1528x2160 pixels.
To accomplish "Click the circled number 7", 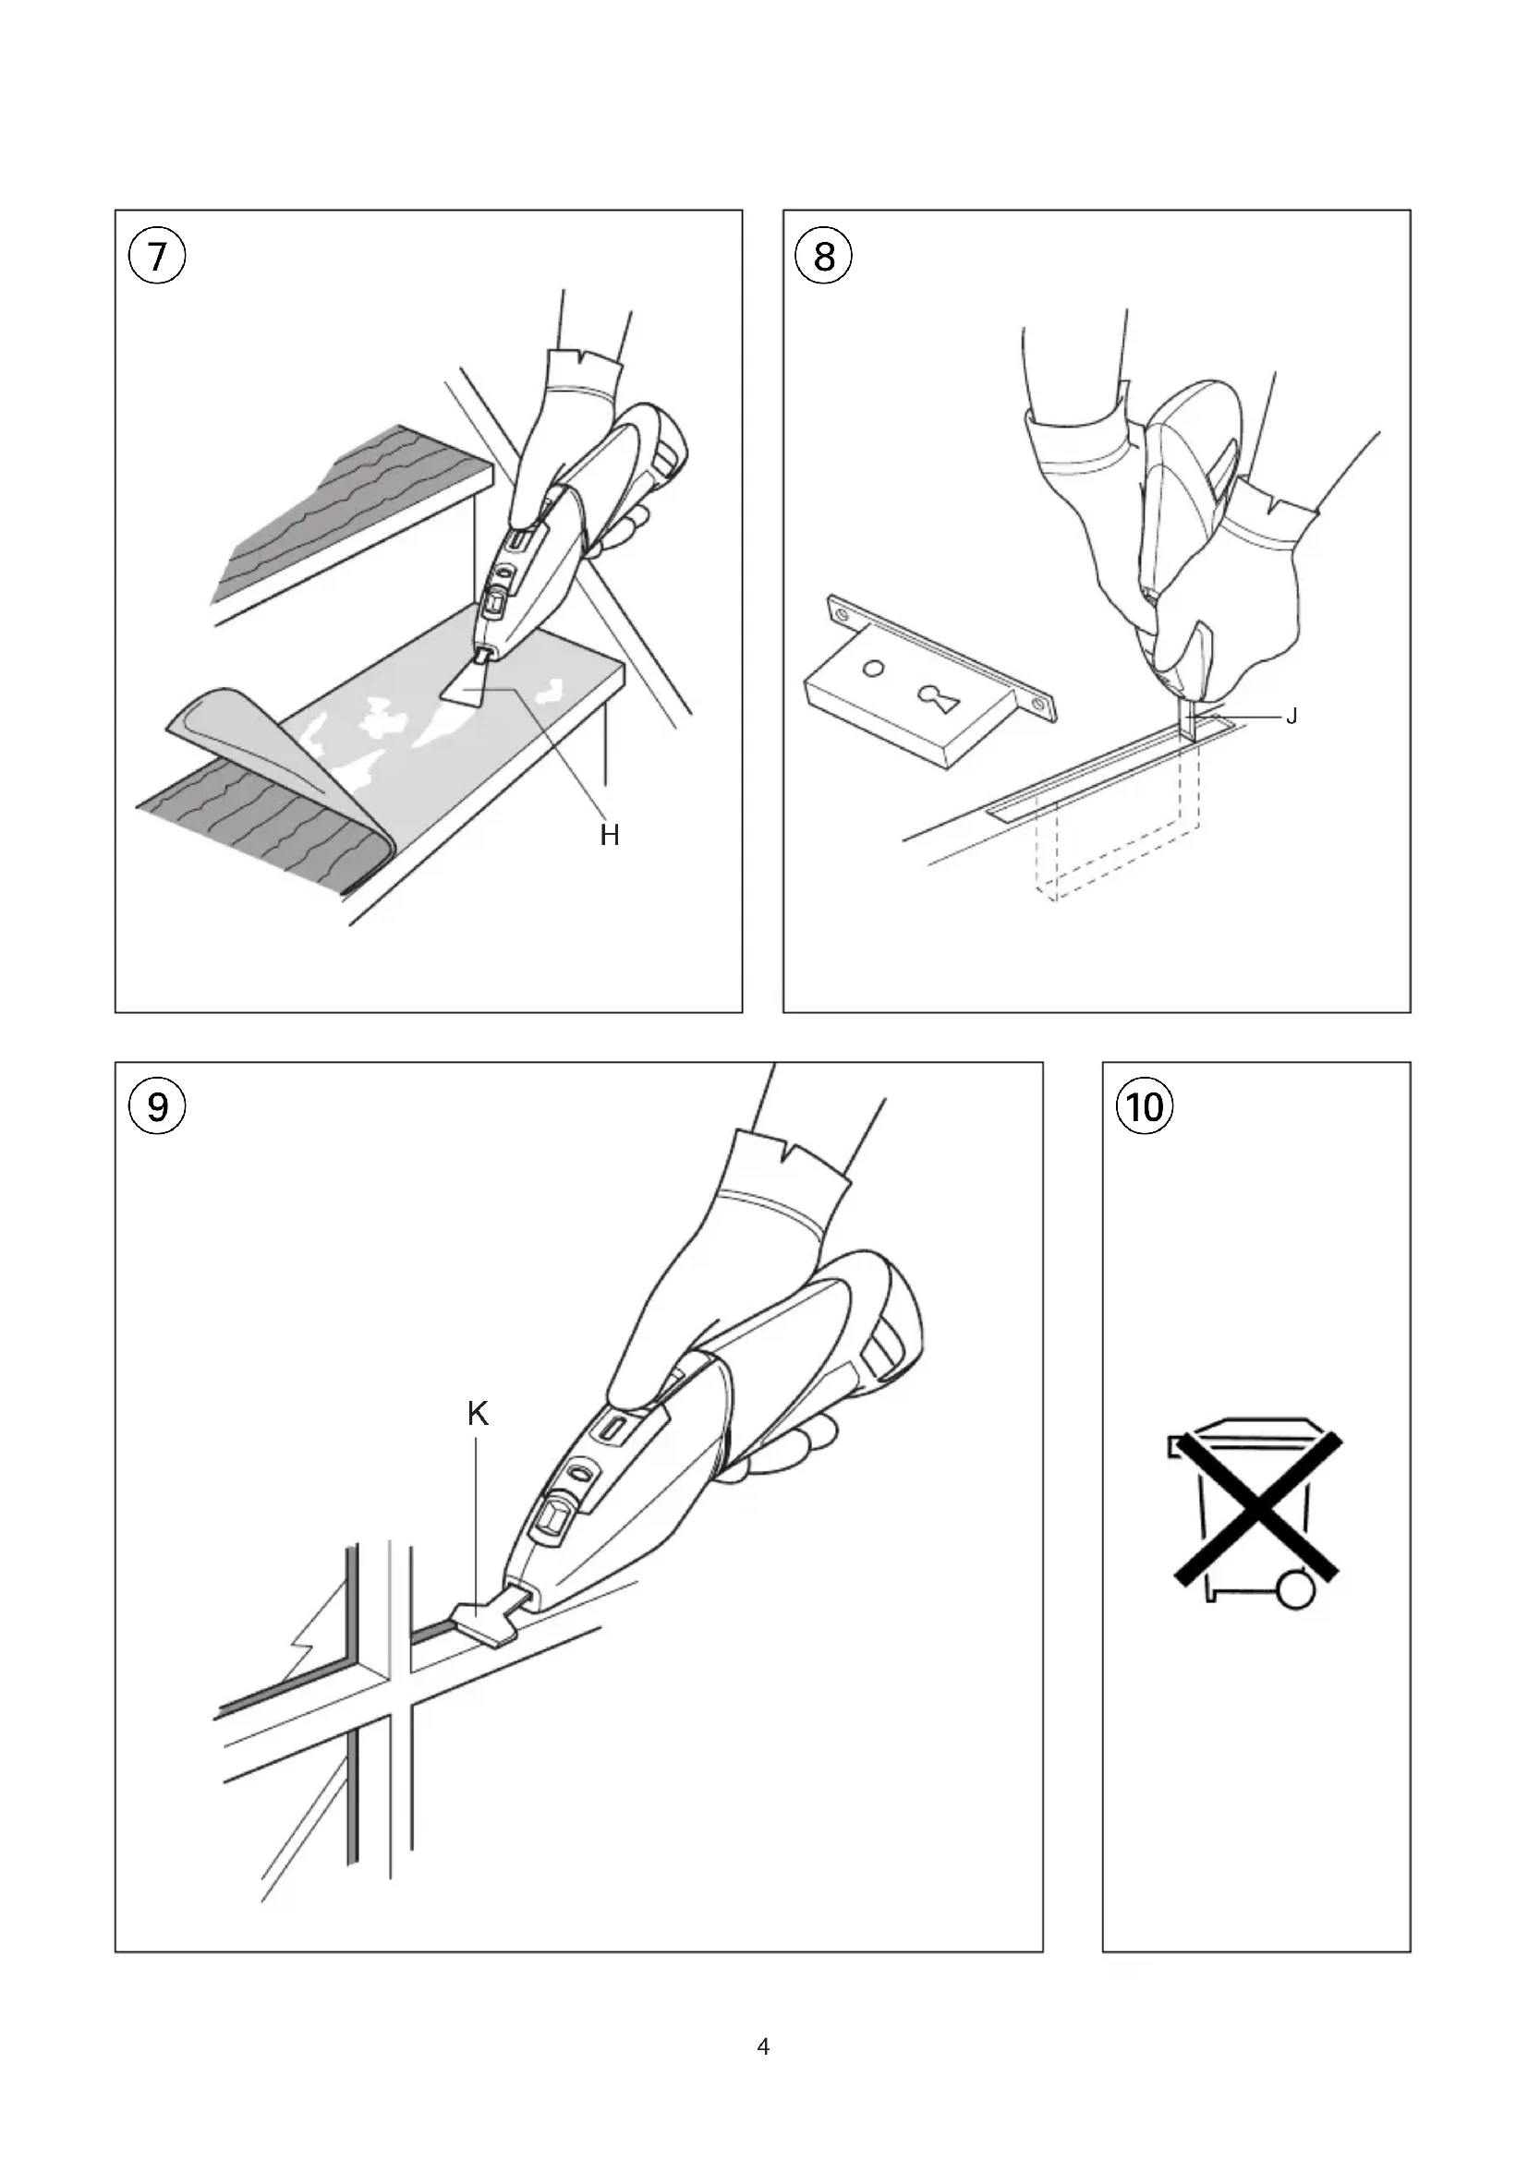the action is [x=158, y=257].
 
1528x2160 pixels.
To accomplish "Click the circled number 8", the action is [x=824, y=256].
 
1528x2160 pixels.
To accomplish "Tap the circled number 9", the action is [x=158, y=1107].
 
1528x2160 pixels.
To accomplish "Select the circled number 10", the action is [x=1144, y=1107].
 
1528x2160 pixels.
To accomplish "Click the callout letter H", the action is [x=610, y=836].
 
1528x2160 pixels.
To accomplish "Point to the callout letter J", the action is [x=1292, y=717].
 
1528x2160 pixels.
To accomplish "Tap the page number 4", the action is [x=763, y=2048].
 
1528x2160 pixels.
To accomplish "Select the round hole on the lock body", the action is [x=873, y=670].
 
